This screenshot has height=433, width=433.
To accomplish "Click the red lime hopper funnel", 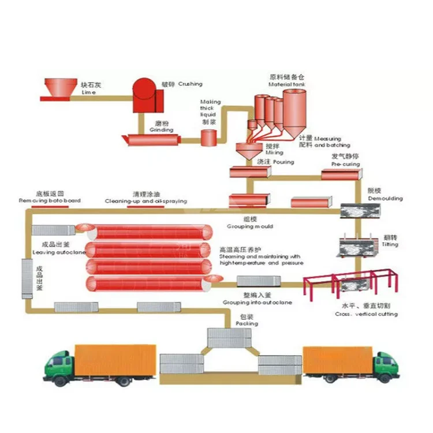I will click(x=61, y=87).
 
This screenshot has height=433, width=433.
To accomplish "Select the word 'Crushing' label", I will click(x=190, y=84).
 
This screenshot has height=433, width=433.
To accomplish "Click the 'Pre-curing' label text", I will click(x=346, y=164).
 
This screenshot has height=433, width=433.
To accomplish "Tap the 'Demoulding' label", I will click(x=385, y=199).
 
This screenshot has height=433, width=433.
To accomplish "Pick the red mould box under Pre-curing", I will click(x=341, y=174).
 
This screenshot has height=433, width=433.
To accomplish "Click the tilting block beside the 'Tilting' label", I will click(x=356, y=248).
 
